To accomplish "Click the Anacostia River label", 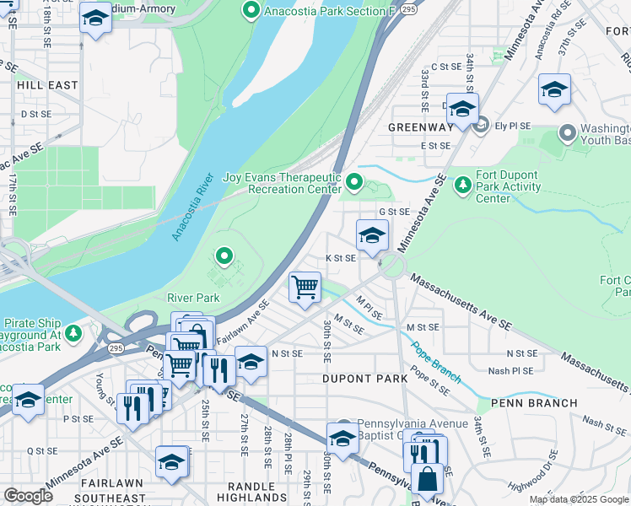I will click(x=191, y=208).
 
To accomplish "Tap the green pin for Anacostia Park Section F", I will click(x=251, y=11).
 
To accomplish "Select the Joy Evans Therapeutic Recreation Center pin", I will click(x=354, y=181).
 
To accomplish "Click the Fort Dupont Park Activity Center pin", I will click(x=462, y=183).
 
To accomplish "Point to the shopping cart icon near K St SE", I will click(x=305, y=286).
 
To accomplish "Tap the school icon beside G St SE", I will click(x=372, y=235).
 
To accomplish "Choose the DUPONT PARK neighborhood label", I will click(x=364, y=379).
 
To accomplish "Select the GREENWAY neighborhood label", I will click(x=421, y=127).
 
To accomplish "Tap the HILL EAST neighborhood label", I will click(x=46, y=85).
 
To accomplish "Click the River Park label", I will click(x=193, y=298).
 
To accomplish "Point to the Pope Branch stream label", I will click(x=435, y=361).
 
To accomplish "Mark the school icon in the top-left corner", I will click(x=95, y=17).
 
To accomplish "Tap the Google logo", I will click(x=27, y=496).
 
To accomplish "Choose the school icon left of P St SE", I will click(x=28, y=400).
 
